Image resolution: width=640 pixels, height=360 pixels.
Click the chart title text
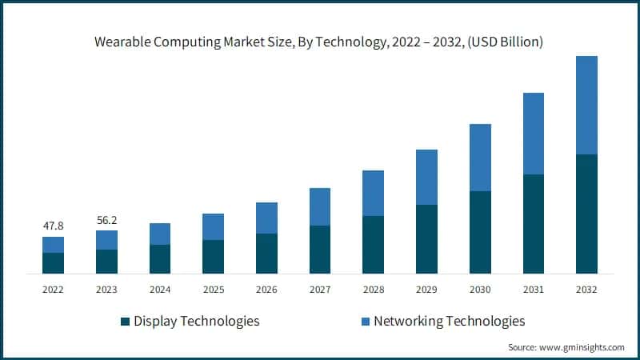coord(320,42)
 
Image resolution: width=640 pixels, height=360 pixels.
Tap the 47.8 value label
coord(53,226)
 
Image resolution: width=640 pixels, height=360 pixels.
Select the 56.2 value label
coord(106,218)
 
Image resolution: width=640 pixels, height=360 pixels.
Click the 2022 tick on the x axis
coord(53,289)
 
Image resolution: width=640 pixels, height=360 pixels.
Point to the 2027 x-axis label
coord(320,289)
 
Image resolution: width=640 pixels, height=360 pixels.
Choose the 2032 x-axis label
coord(586,289)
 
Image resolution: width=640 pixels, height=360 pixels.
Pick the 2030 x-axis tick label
coord(480,289)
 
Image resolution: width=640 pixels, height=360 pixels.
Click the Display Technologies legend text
coord(197,321)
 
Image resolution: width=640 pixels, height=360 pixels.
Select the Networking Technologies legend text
coord(450,321)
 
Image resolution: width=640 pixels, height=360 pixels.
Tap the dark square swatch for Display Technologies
coord(125,322)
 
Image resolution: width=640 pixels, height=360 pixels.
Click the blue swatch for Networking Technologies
coord(366,322)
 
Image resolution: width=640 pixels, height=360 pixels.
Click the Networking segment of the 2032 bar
coord(586,105)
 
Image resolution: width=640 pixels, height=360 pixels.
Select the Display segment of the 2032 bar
coord(586,214)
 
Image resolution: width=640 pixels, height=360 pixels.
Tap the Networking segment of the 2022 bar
coord(53,245)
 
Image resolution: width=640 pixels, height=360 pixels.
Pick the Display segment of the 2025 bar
coord(213,257)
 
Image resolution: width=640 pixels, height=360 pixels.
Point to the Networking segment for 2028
coord(373,193)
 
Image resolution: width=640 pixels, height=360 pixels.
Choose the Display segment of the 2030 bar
coord(480,232)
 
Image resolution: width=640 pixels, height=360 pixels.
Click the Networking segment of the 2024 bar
coord(160,234)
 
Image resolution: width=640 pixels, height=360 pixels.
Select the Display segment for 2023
coord(106,262)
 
